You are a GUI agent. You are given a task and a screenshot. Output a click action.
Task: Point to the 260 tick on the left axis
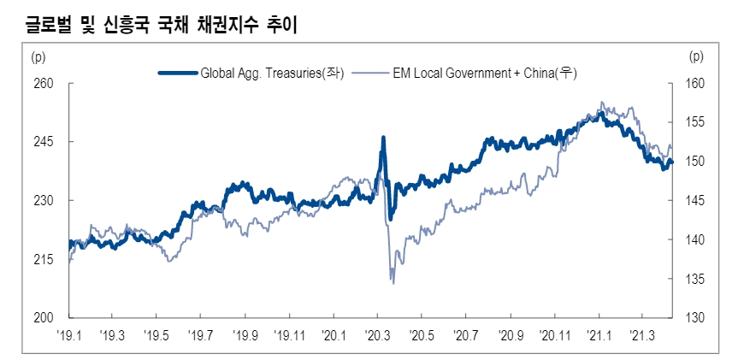click(43, 84)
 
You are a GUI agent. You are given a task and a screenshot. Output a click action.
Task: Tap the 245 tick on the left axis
click(43, 142)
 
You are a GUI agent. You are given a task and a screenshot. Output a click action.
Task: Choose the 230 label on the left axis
click(43, 201)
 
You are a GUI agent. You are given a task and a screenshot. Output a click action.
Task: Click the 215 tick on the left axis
click(43, 259)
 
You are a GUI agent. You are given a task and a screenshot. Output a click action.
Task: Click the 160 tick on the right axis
click(695, 84)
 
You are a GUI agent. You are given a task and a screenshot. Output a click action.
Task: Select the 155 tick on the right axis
click(695, 123)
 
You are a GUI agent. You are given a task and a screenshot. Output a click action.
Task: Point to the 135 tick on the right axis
click(695, 279)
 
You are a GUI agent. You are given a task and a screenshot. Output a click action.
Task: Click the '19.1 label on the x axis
click(68, 335)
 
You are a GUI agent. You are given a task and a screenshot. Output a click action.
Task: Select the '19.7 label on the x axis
click(200, 335)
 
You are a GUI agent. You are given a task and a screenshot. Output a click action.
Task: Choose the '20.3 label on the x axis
click(377, 335)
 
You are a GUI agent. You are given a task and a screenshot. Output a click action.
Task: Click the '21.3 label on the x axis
click(643, 335)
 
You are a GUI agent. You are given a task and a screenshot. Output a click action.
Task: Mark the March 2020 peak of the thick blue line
click(383, 137)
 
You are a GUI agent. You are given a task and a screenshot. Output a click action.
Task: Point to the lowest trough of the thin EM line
click(393, 283)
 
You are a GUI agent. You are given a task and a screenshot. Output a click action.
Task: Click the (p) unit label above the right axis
click(695, 57)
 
